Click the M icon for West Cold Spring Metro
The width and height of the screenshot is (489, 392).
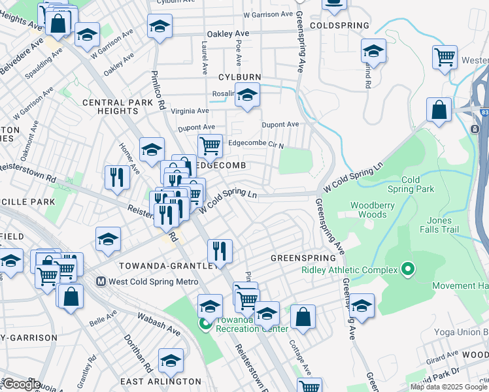coord(101,282)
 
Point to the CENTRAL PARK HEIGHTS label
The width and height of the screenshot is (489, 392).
coord(110,107)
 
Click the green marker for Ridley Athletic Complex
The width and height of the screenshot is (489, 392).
coord(409,269)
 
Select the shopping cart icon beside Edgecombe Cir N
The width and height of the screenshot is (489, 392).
coord(210,146)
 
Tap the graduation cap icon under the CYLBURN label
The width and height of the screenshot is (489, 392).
coord(247,95)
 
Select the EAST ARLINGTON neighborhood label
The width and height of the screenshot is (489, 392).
coord(161,381)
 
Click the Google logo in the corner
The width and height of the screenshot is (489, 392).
coord(21,384)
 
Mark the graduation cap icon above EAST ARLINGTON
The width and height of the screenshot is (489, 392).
coord(171,360)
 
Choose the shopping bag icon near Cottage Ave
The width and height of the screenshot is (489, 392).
coord(303,318)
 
